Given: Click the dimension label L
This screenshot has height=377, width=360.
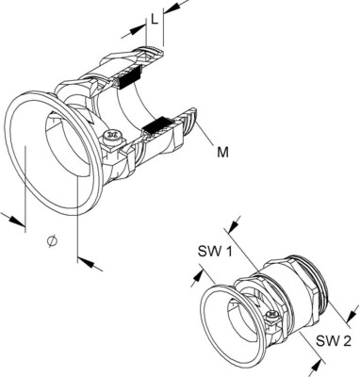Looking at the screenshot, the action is click(154, 20).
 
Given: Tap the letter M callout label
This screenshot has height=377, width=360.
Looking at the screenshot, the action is click(222, 153).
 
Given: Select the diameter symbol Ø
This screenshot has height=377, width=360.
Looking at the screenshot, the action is click(53, 240).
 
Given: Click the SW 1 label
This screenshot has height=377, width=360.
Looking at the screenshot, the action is click(215, 251).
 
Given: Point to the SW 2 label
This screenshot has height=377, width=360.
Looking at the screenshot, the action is click(334, 340).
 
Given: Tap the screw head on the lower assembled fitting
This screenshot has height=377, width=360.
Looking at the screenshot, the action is click(271, 314).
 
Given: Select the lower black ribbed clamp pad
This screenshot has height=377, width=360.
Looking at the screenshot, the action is click(156, 124).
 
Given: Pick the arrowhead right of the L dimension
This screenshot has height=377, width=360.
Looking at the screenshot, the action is click(172, 8).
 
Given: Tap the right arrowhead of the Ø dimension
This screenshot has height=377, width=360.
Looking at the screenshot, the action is click(87, 262).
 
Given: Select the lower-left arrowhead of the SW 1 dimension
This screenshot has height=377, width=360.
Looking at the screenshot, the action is click(196, 278).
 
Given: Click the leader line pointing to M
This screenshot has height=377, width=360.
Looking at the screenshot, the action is click(205, 135).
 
